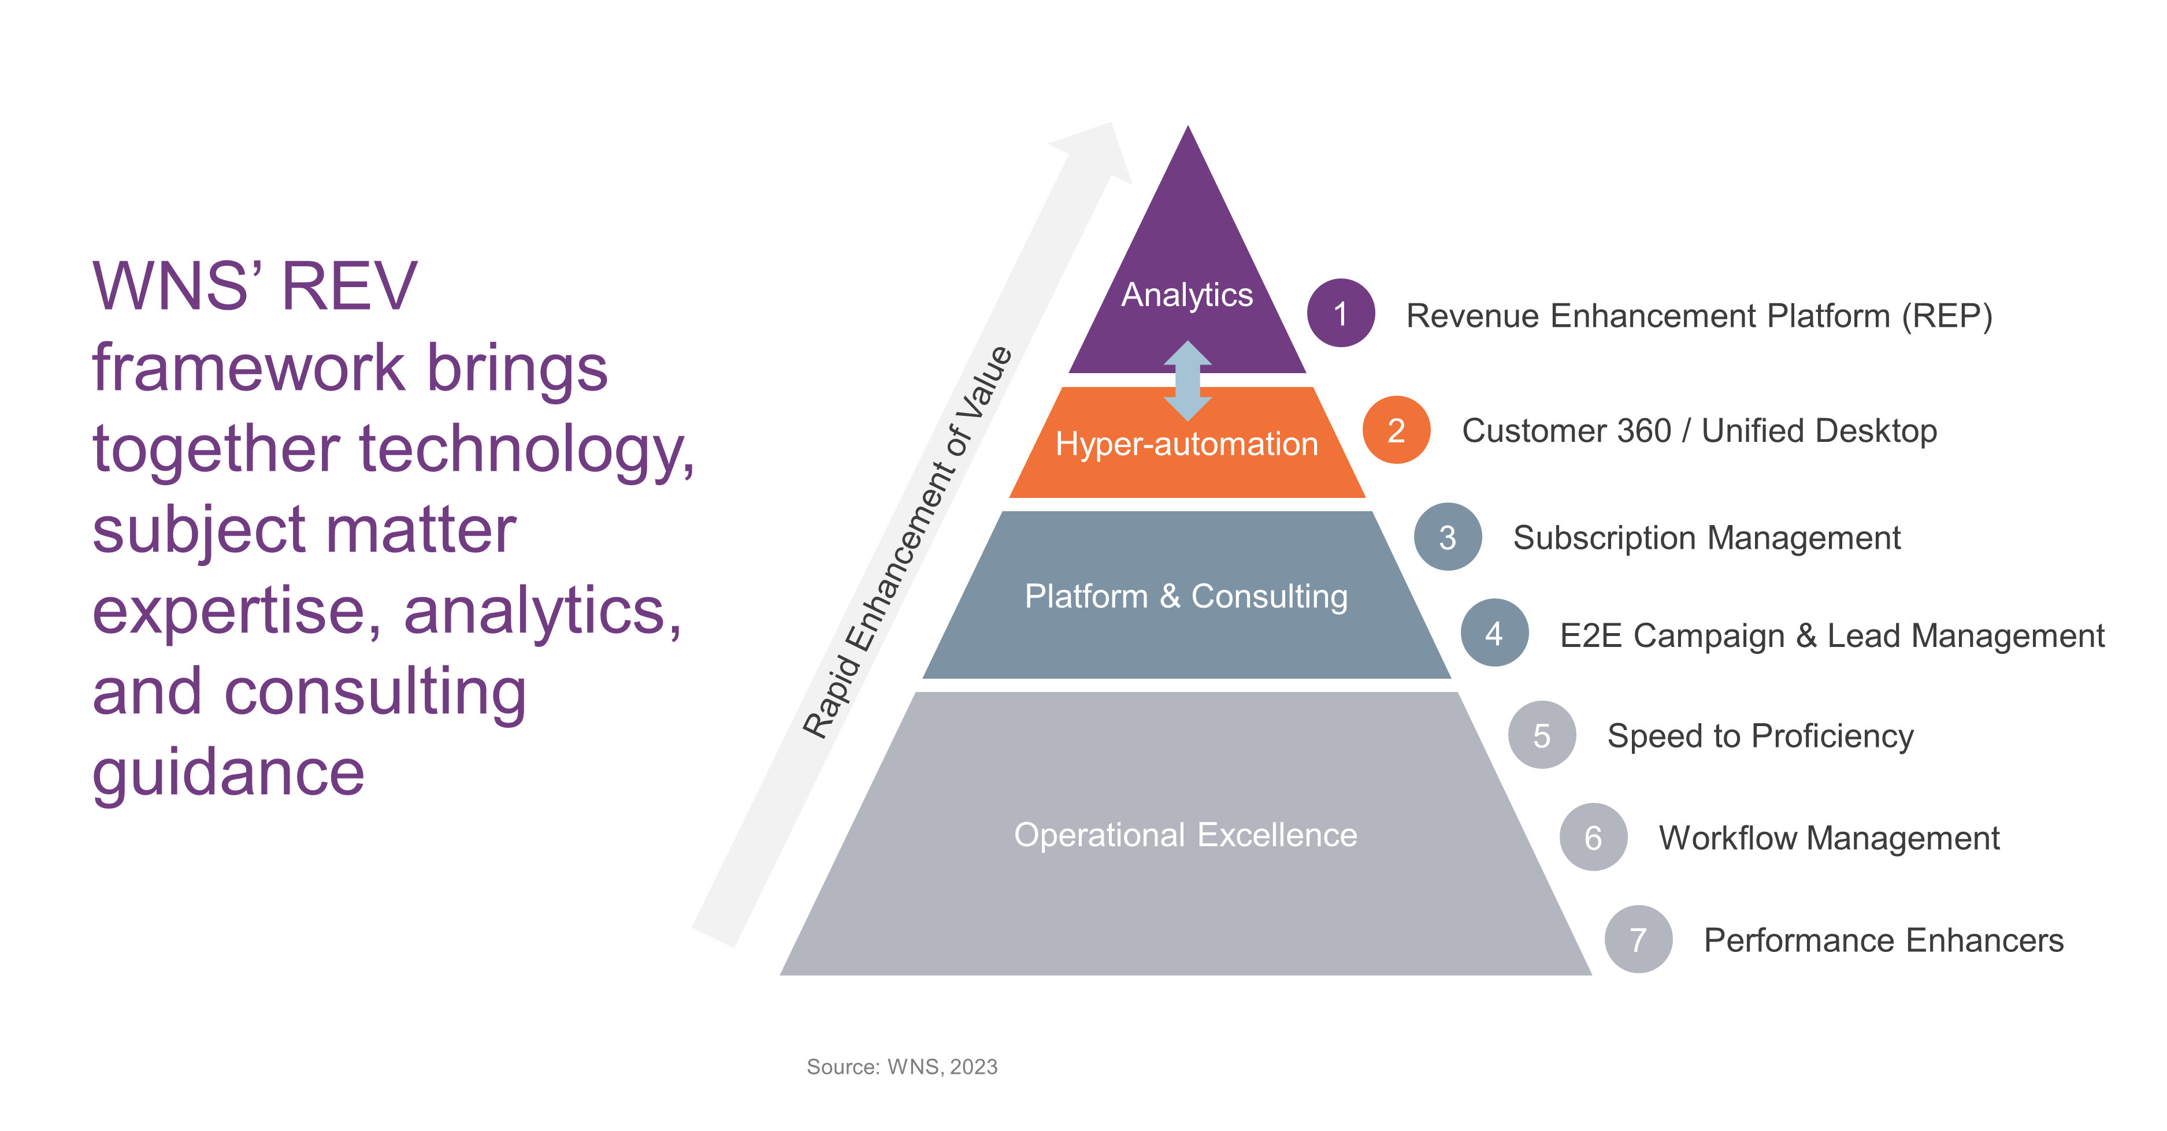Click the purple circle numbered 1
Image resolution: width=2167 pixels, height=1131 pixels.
pyautogui.click(x=1340, y=313)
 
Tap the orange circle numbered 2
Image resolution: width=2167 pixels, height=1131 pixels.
pyautogui.click(x=1397, y=430)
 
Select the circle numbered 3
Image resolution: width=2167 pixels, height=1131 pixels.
pyautogui.click(x=1448, y=537)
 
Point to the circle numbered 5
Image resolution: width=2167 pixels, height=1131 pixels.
pyautogui.click(x=1541, y=735)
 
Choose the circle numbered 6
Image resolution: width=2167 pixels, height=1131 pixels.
pyautogui.click(x=1593, y=836)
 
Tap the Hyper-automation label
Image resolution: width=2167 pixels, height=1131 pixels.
pyautogui.click(x=1187, y=443)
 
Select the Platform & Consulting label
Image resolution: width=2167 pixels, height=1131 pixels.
pyautogui.click(x=1186, y=596)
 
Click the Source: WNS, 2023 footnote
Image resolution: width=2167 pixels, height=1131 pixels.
pyautogui.click(x=902, y=1067)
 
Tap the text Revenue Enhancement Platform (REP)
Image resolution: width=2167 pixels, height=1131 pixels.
pyautogui.click(x=1700, y=316)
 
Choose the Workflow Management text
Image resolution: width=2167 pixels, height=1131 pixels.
pyautogui.click(x=1829, y=838)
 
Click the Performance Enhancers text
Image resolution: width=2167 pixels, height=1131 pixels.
pyautogui.click(x=1883, y=940)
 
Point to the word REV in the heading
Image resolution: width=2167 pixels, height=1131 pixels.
pyautogui.click(x=349, y=286)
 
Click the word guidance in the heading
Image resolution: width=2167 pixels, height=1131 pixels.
pyautogui.click(x=228, y=773)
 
